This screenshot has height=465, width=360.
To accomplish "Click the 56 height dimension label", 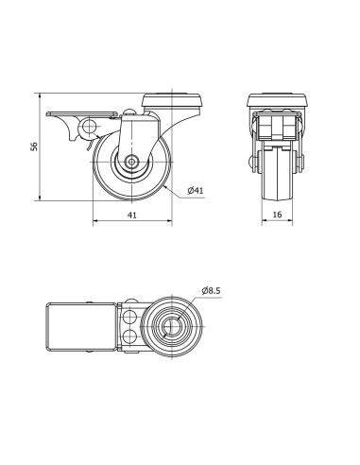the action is pyautogui.click(x=34, y=146).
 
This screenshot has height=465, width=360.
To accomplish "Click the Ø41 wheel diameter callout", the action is pyautogui.click(x=196, y=190).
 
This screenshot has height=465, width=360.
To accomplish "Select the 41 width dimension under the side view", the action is pyautogui.click(x=132, y=215).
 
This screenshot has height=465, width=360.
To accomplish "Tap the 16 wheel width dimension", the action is pyautogui.click(x=277, y=215).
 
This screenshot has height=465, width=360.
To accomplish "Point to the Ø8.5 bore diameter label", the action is pyautogui.click(x=211, y=290).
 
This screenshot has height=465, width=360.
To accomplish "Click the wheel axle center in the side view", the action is pyautogui.click(x=131, y=162).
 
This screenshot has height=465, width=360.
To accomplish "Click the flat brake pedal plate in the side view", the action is pyautogui.click(x=82, y=114).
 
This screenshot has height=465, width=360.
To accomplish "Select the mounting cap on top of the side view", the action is pyautogui.click(x=172, y=101).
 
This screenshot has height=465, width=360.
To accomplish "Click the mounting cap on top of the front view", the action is pyautogui.click(x=277, y=99).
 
